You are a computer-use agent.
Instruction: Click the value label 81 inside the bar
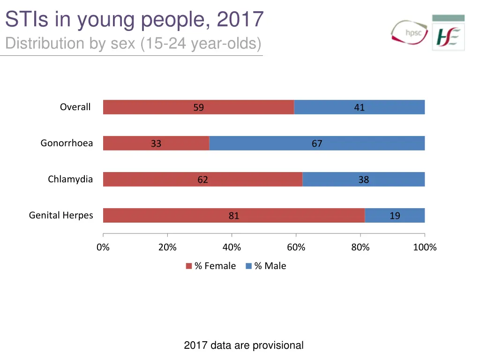pyautogui.click(x=234, y=216)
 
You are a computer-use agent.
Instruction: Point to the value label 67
pyautogui.click(x=317, y=143)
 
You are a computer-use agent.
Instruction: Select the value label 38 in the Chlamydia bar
pyautogui.click(x=364, y=180)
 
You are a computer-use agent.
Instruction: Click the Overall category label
pyautogui.click(x=75, y=107)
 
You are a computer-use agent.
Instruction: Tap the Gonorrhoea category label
pyautogui.click(x=67, y=143)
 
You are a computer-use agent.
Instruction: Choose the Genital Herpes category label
pyautogui.click(x=61, y=215)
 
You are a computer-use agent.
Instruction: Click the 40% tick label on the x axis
pyautogui.click(x=232, y=247)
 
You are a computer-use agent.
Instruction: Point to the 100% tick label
pyautogui.click(x=425, y=247)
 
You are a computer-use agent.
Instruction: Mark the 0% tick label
pyautogui.click(x=103, y=247)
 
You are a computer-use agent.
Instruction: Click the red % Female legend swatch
pyautogui.click(x=189, y=266)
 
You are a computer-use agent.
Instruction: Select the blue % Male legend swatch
pyautogui.click(x=248, y=266)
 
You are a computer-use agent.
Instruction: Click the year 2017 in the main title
pyautogui.click(x=240, y=20)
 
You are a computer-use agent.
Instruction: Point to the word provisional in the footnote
pyautogui.click(x=279, y=345)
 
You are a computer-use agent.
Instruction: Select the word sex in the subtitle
pyautogui.click(x=124, y=44)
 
